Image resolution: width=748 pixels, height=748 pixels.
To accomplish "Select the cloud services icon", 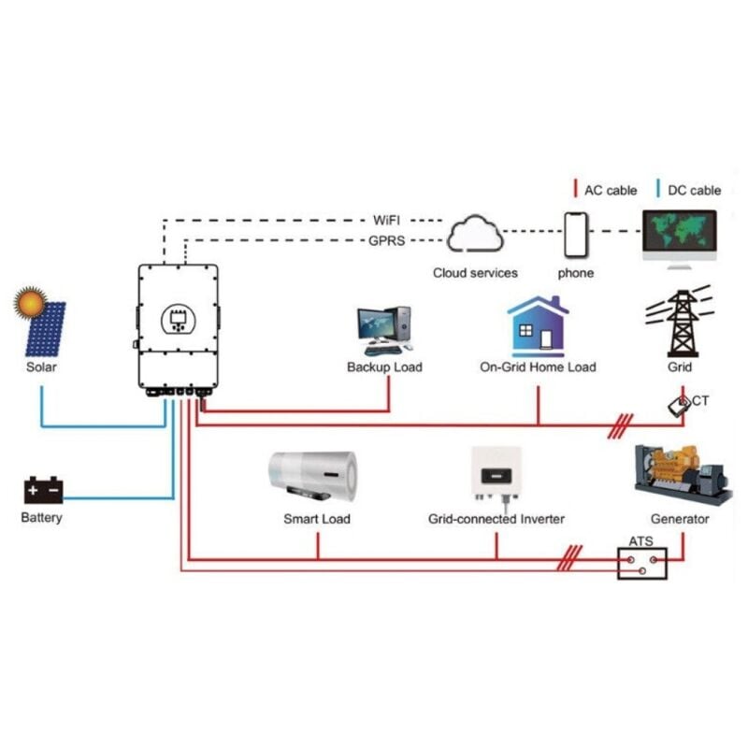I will [475, 235].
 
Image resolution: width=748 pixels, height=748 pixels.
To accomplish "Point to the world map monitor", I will [680, 235].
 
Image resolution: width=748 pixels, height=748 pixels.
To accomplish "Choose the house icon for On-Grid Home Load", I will [538, 326].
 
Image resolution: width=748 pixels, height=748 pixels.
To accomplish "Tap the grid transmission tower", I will [681, 322].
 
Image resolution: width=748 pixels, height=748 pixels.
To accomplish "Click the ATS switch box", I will [642, 561].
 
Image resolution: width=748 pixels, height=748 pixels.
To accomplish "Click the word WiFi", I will [387, 221].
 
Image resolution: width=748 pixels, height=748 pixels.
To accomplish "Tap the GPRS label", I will [387, 240].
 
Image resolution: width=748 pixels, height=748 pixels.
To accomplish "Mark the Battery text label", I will [41, 517].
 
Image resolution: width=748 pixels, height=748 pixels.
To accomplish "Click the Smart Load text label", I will [317, 518].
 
